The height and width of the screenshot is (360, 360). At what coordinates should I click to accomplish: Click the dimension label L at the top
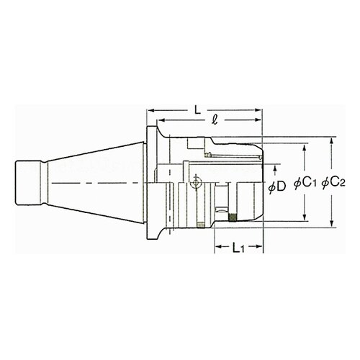coord(197,111)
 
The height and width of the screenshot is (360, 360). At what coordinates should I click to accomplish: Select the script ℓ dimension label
coord(215,120)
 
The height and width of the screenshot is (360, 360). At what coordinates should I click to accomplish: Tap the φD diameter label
coord(277,186)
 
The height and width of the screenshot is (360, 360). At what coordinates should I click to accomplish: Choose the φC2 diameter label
coord(333,184)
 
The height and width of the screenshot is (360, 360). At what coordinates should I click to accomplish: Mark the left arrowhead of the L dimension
coord(150,110)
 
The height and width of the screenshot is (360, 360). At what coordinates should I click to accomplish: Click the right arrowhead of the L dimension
coord(258,110)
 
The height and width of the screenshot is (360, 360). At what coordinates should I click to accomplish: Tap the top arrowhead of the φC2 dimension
coord(331,141)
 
